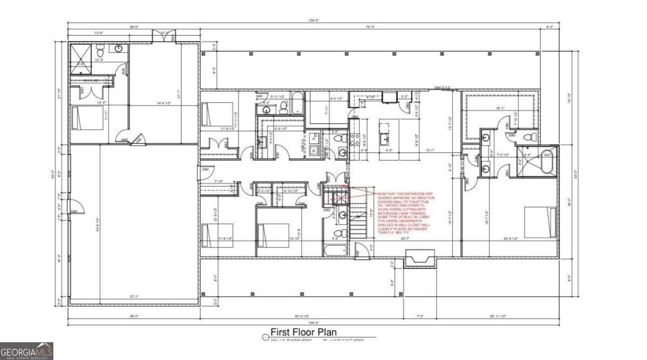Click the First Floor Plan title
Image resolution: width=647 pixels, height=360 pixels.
pos(304,332)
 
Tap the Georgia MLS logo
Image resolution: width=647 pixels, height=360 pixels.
pos(26,351)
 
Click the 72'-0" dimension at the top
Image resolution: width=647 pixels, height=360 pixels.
pos(369,26)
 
